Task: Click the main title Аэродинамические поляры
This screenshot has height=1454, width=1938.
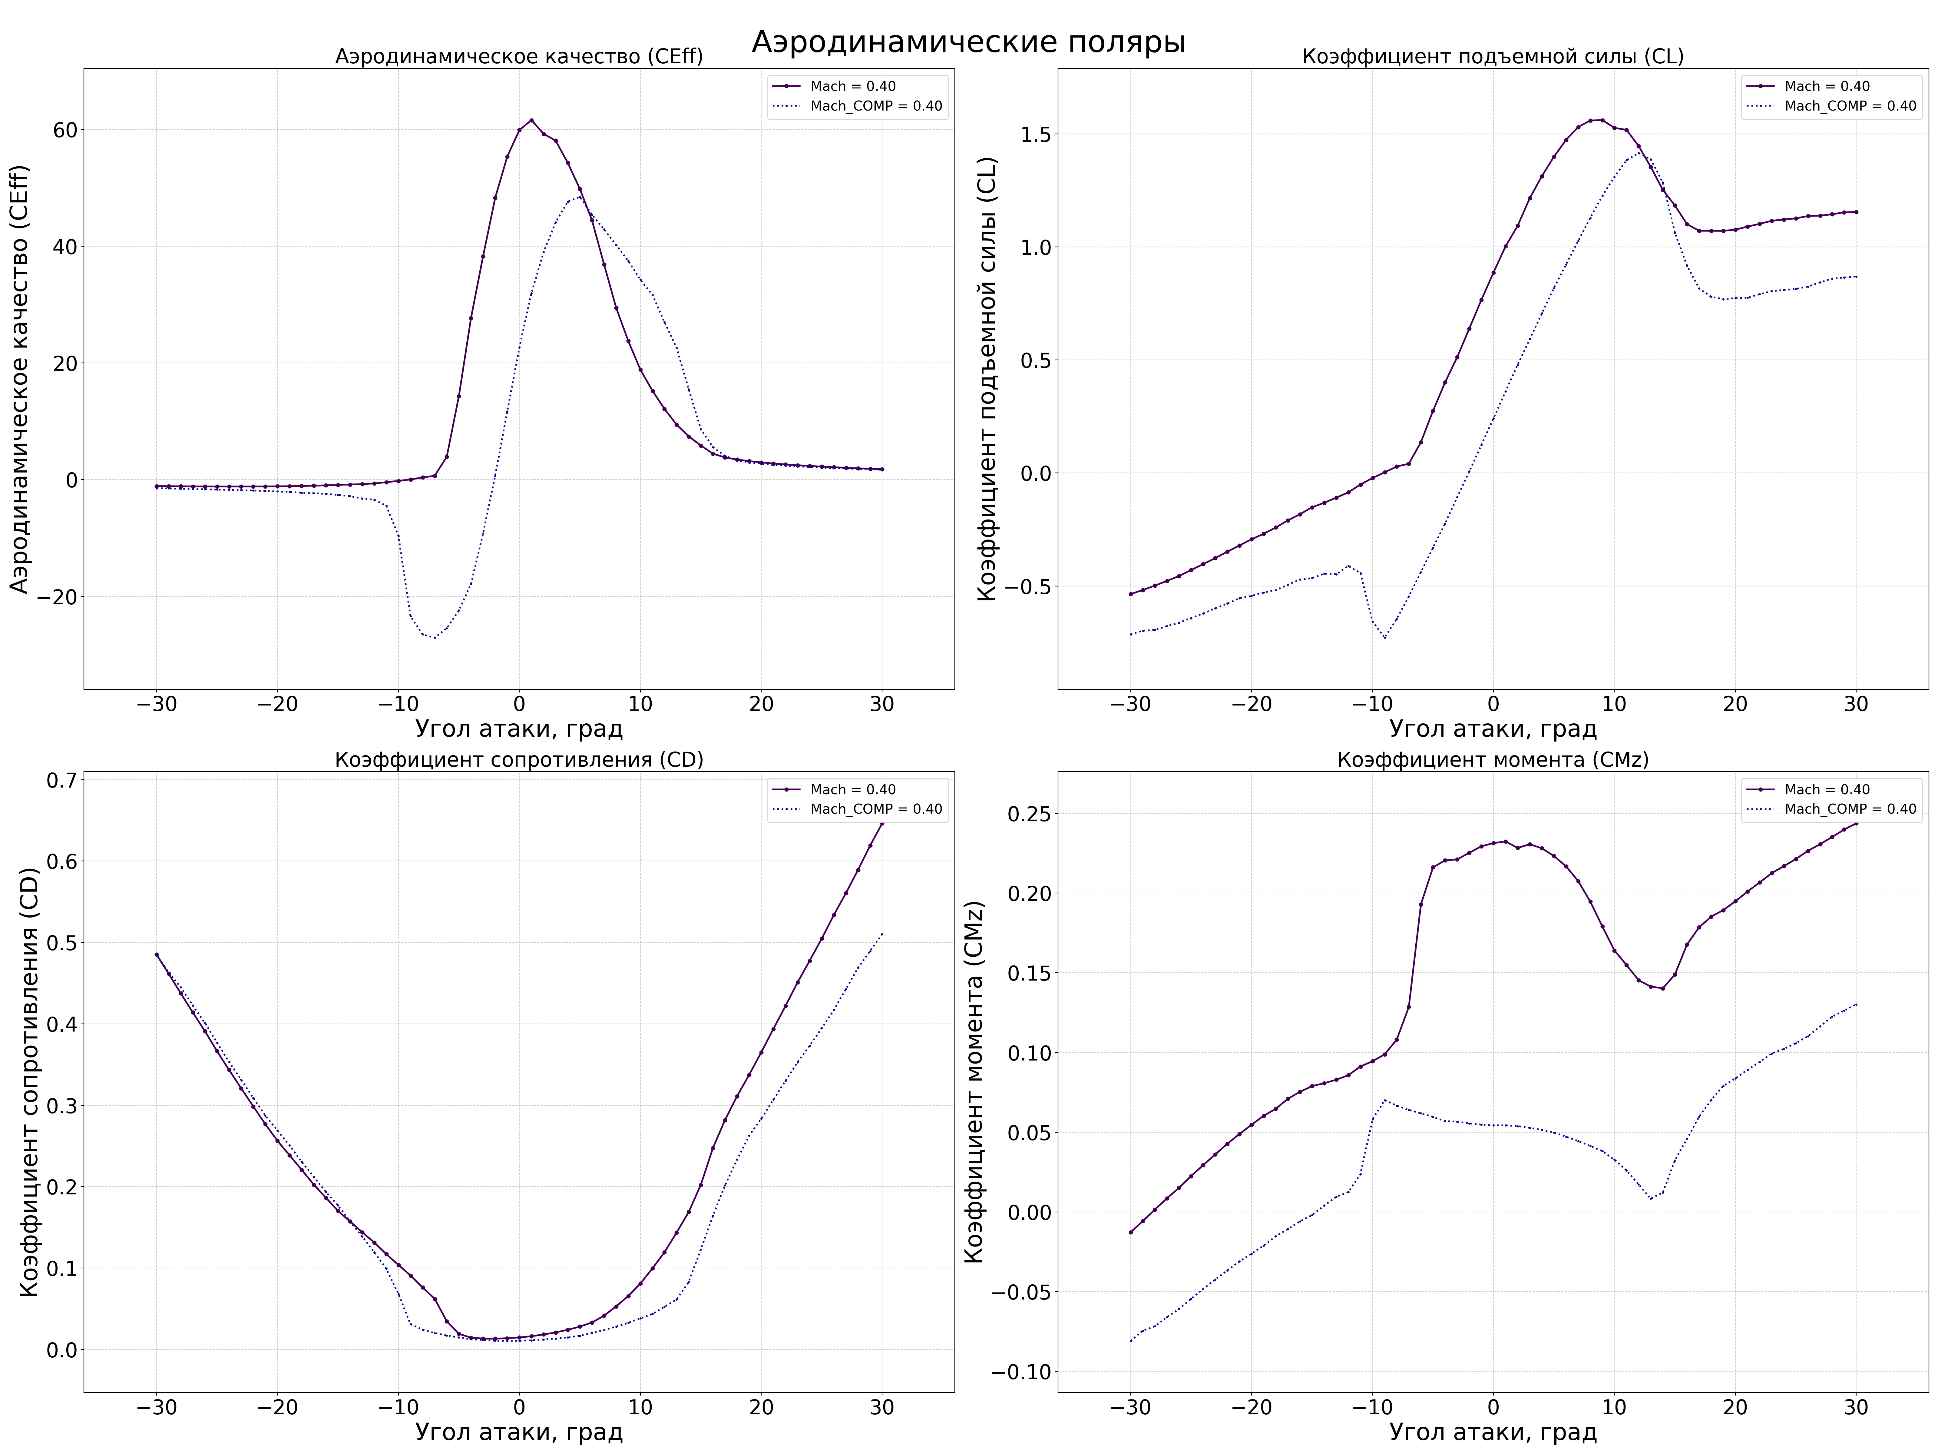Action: pyautogui.click(x=968, y=42)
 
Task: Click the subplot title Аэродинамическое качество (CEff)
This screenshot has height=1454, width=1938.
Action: pyautogui.click(x=519, y=57)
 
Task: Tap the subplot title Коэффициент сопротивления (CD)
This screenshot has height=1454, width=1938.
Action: pyautogui.click(x=519, y=760)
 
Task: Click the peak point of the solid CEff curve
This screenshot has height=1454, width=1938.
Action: pyautogui.click(x=531, y=120)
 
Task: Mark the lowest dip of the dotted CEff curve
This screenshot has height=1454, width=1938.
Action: pyautogui.click(x=434, y=637)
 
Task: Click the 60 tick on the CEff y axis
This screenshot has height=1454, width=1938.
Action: pyautogui.click(x=65, y=130)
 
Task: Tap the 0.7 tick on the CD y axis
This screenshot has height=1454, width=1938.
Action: pyautogui.click(x=61, y=780)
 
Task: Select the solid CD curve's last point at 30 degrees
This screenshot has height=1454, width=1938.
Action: pyautogui.click(x=881, y=823)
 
